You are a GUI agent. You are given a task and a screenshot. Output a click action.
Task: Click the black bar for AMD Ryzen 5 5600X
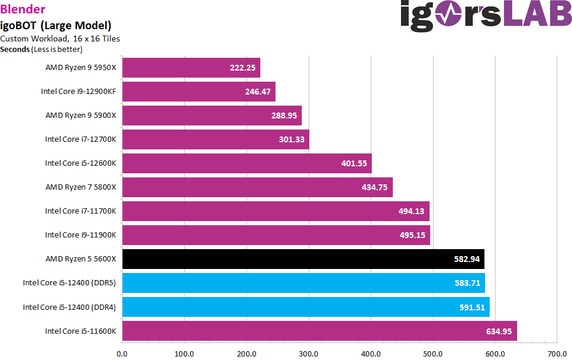[303, 259]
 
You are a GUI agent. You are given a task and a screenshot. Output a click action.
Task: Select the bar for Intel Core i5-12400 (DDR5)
[304, 283]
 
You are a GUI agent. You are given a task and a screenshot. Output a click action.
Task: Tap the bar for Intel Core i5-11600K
[319, 331]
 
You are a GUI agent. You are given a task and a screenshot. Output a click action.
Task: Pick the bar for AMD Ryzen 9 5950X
[191, 68]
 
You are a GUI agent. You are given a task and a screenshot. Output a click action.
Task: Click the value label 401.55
[354, 163]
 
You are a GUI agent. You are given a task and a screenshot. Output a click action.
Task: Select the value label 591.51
[472, 307]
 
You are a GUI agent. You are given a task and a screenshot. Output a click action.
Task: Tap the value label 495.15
[412, 235]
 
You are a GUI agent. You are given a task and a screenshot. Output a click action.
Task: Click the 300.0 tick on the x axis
[308, 354]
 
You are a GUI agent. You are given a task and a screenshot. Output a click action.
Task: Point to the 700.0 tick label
[557, 354]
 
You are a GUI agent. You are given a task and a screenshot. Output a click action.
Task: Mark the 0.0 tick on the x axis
[123, 354]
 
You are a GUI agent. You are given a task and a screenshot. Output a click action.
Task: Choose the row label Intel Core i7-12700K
[81, 139]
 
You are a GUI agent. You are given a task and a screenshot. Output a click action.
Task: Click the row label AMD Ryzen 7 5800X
[81, 187]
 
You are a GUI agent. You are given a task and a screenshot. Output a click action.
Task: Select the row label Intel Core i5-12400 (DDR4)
[69, 307]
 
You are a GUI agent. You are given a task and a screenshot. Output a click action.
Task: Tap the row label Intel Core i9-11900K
[81, 235]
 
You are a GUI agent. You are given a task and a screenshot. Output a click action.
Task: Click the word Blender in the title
[23, 9]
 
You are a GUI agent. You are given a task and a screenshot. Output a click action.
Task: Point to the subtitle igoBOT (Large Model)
[55, 25]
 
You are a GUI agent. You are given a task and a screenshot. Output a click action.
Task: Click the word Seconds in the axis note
[15, 49]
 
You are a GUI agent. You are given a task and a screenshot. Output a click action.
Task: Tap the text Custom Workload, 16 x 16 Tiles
[60, 39]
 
